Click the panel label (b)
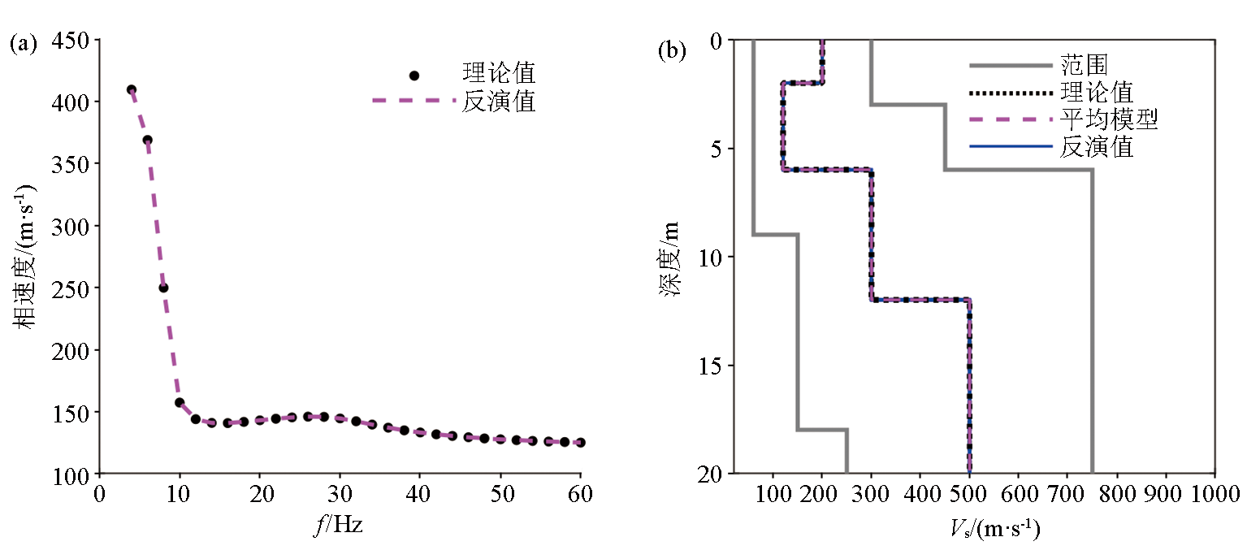point(671,50)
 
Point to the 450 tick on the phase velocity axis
point(73,40)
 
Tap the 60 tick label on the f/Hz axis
point(582,493)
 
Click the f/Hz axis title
point(337,526)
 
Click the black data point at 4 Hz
point(132,90)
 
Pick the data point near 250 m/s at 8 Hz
point(163,288)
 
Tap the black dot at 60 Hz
point(581,443)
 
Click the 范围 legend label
point(1085,63)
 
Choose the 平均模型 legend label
point(1109,119)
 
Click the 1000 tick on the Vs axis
point(1215,494)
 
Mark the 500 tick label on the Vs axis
point(970,494)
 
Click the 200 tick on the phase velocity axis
point(73,350)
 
